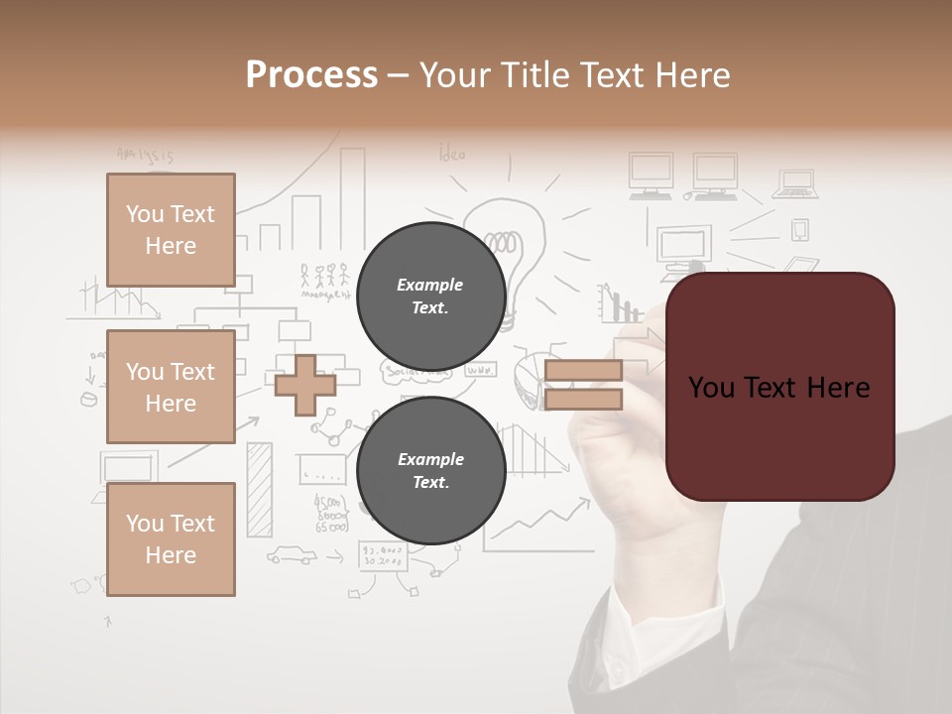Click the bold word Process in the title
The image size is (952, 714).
coord(311,74)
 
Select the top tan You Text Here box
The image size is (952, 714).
coord(171,230)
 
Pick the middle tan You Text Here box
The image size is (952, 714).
coord(171,387)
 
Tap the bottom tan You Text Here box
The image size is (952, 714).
coord(171,538)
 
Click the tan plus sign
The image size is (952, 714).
coord(305,385)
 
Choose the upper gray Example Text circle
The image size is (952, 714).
coord(430,296)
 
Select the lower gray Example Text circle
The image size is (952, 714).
coord(430,470)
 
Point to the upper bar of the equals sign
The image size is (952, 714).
coord(583,371)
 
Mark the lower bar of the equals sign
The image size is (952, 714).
coord(583,400)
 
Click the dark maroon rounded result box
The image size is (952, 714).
coord(779,387)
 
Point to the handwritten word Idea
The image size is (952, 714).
coord(452,154)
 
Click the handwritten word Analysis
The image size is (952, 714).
coord(145,155)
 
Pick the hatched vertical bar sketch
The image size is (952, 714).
coord(259,490)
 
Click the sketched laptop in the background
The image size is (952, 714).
coord(796,183)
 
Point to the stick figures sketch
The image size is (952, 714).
coord(325,273)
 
